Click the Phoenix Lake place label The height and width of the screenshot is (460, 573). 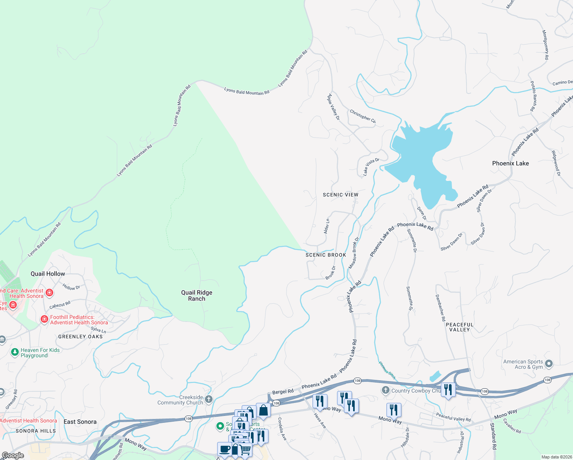[510, 163]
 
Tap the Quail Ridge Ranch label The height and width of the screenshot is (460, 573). [196, 296]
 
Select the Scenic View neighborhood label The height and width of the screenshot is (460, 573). [341, 195]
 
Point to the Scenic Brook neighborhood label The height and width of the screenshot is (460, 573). [326, 255]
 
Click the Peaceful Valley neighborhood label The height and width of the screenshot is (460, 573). [460, 327]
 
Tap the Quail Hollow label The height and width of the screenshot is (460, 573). [48, 274]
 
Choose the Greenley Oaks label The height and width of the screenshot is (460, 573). [80, 337]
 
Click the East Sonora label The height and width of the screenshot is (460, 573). [80, 422]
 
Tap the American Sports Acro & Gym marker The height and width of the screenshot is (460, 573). [549, 363]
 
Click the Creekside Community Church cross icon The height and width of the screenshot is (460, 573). [209, 399]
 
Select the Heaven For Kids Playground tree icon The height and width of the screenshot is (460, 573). [15, 352]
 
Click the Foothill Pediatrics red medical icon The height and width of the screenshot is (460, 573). [44, 319]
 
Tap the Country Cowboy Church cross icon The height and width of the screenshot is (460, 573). [386, 390]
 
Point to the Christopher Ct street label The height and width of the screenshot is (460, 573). [363, 117]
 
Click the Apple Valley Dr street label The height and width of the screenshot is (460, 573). [333, 107]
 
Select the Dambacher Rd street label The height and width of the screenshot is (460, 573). [440, 308]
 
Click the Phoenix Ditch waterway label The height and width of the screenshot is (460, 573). [387, 370]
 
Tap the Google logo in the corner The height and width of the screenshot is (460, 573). [13, 455]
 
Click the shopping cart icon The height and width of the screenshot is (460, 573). [245, 450]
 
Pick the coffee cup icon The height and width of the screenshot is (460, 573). [224, 449]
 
